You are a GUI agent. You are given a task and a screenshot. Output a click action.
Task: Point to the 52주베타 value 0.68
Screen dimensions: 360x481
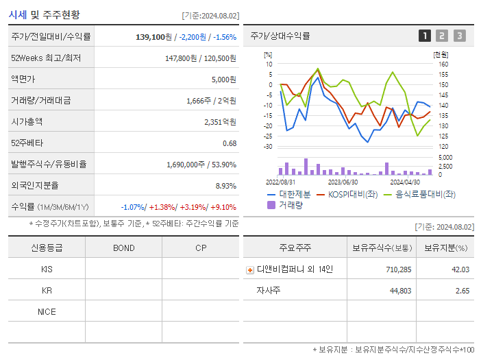230,143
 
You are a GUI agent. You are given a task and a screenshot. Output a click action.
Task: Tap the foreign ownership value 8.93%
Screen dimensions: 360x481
225,185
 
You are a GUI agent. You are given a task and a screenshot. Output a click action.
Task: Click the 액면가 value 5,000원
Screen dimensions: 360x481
223,80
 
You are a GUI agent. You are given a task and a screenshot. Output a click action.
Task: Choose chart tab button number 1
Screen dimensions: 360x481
425,36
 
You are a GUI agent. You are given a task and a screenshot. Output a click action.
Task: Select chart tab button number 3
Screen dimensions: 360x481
459,36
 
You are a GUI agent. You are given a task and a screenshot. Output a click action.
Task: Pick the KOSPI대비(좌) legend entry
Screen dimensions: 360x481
348,195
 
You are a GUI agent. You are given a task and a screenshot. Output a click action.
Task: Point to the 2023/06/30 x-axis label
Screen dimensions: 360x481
343,182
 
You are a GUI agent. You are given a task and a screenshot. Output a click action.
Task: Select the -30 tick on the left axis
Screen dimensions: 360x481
267,147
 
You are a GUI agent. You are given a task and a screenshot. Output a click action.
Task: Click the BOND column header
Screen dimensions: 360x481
123,248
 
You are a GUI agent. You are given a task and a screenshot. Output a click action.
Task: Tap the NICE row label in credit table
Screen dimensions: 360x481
47,312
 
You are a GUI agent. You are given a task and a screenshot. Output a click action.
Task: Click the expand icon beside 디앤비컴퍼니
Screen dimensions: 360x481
249,270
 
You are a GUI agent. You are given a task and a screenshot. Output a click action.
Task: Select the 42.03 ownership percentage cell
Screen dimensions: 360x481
460,269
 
